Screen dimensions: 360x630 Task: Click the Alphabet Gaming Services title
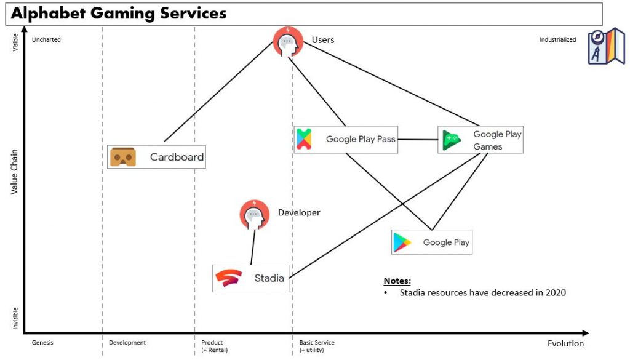coord(119,13)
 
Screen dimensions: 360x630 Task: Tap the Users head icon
coord(288,42)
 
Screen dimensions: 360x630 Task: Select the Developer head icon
coord(254,214)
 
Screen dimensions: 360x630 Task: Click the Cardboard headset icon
coord(122,157)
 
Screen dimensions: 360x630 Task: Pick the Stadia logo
coord(228,278)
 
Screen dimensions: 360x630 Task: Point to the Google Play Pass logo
coord(304,139)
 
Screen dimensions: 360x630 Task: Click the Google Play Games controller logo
coord(452,140)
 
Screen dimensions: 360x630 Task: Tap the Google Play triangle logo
coord(402,242)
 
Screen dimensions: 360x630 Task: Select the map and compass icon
coord(606,46)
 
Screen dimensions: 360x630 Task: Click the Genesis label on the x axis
coord(42,343)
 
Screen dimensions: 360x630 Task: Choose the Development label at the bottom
coord(127,343)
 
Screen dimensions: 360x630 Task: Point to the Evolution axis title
coord(565,343)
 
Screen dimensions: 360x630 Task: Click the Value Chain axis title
coord(15,171)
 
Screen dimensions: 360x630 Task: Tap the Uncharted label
coord(46,40)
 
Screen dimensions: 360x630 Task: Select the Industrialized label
coord(557,40)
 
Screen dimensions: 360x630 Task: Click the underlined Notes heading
coord(397,281)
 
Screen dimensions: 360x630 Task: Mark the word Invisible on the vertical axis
coord(15,318)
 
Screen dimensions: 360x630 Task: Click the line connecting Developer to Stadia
coord(252,247)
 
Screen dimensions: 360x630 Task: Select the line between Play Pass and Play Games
coord(418,140)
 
